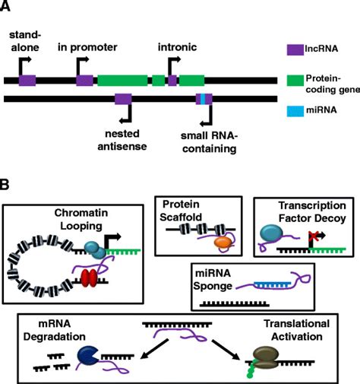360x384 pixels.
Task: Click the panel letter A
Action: click(8, 8)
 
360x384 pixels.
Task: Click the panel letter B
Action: click(8, 185)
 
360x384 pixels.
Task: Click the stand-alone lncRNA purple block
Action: click(27, 79)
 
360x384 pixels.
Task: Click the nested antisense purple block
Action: click(122, 98)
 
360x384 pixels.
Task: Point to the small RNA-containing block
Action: click(204, 98)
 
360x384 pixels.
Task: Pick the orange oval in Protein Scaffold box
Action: click(223, 241)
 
